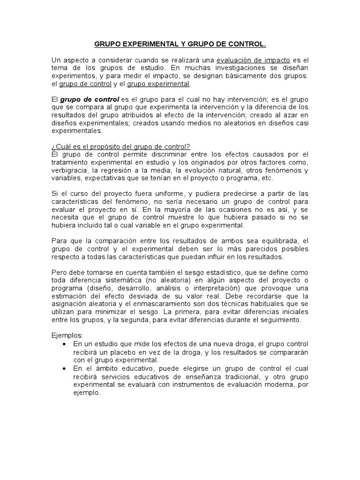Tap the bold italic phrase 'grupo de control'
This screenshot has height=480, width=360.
tap(89, 99)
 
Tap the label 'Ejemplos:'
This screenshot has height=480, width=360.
tap(67, 336)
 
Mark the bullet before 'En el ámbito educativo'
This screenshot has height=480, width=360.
tap(64, 369)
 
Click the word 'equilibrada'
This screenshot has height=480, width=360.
tap(274, 241)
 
